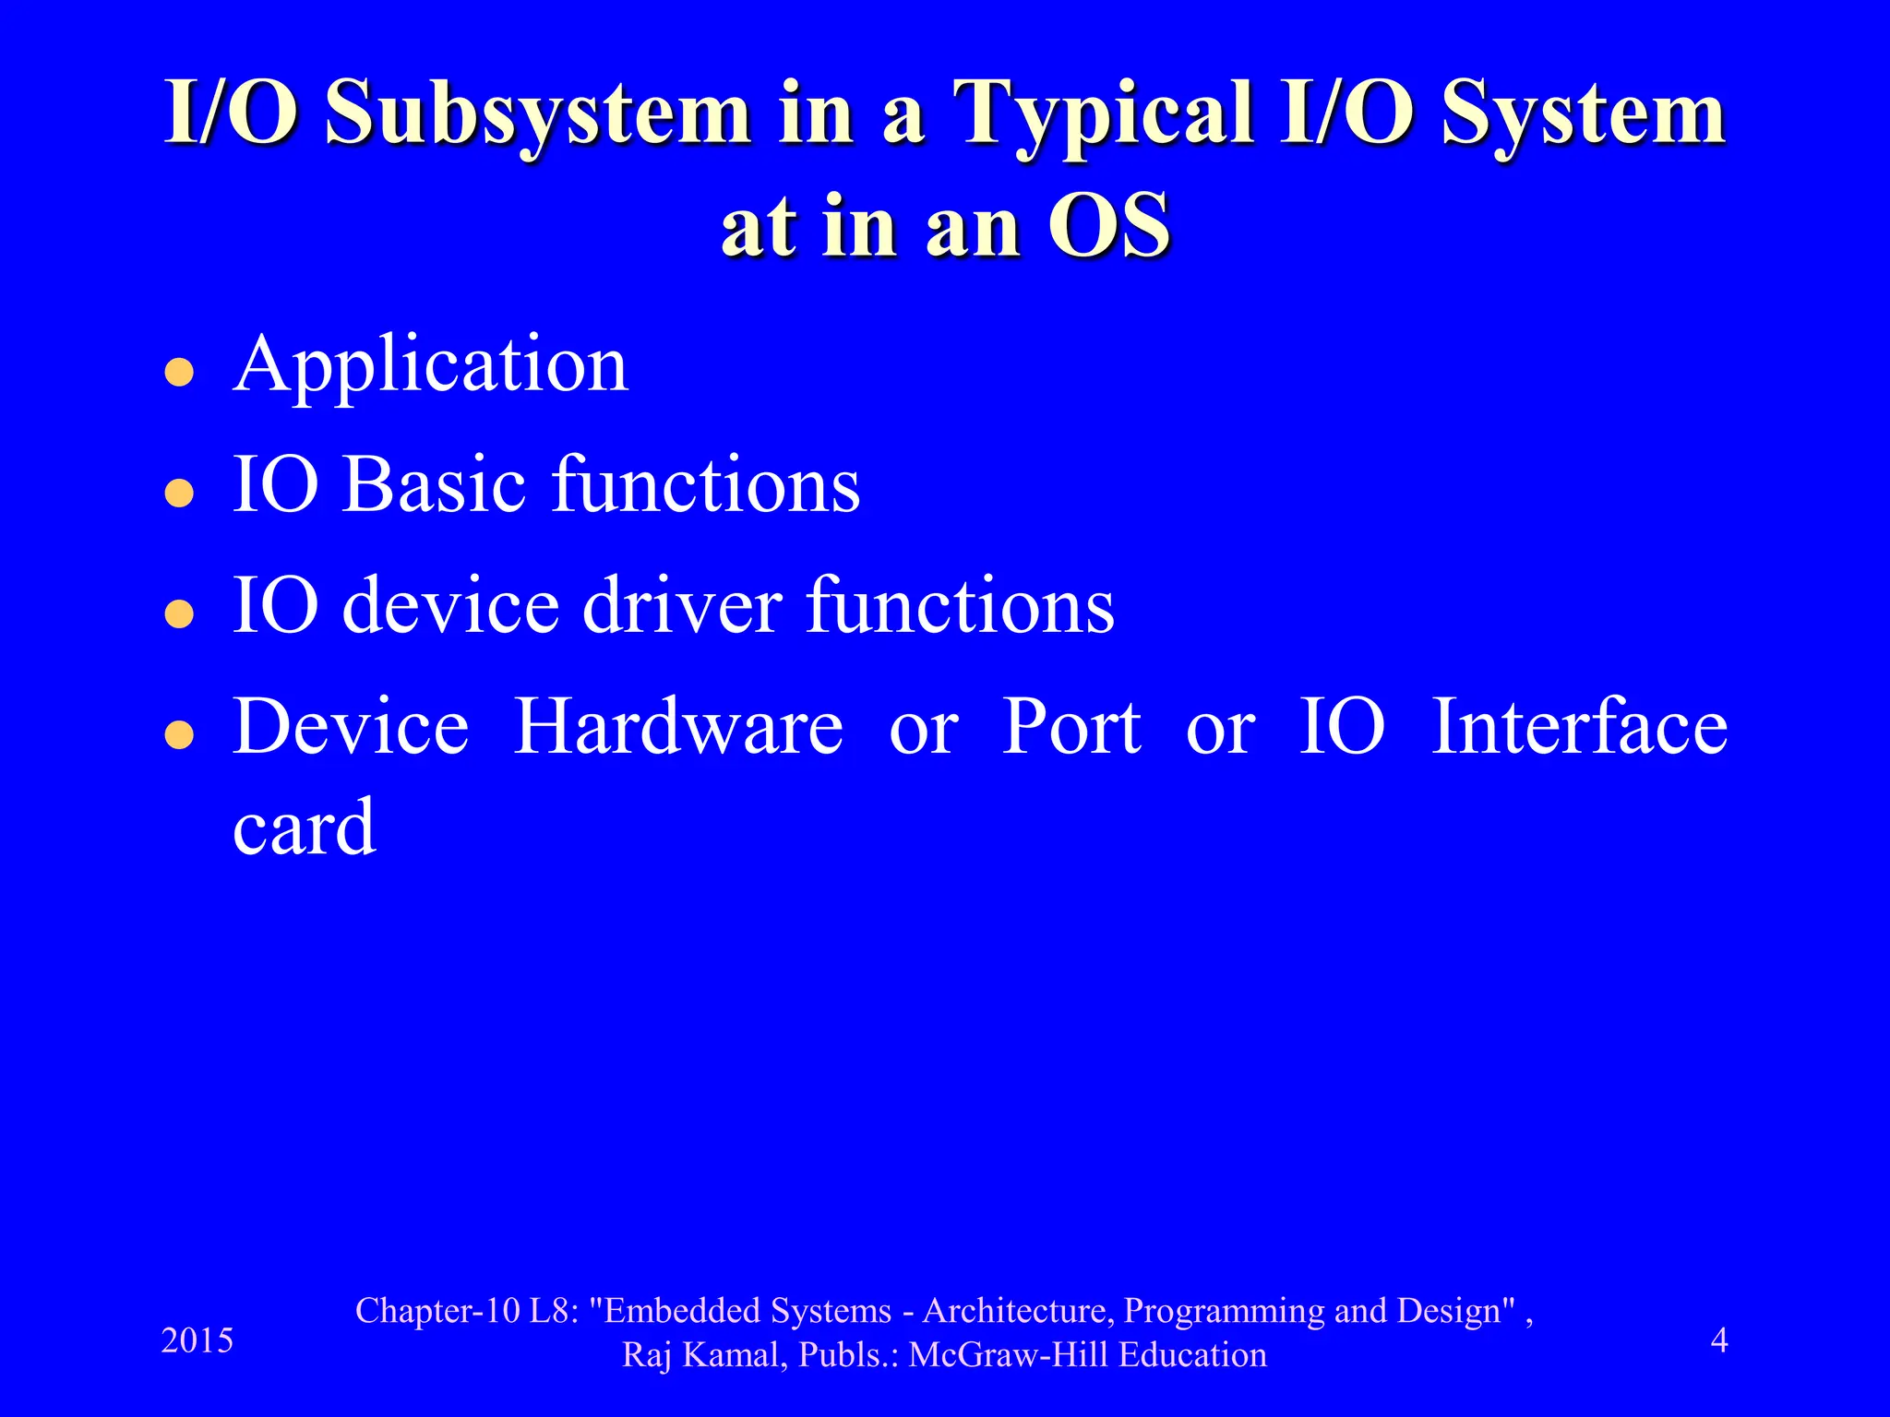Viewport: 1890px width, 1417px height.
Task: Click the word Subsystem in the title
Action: pos(538,115)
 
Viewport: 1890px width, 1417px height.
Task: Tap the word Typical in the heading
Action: pos(1104,115)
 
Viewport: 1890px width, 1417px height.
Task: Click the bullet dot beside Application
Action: pos(178,373)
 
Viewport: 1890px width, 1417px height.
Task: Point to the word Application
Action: pos(430,366)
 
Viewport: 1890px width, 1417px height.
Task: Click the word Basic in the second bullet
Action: pos(447,485)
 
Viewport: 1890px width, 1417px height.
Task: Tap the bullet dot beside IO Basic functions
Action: pos(178,494)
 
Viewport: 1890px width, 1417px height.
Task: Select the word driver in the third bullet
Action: pos(682,606)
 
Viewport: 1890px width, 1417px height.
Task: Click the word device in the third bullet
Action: pos(450,606)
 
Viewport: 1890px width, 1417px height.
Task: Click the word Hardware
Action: pos(677,728)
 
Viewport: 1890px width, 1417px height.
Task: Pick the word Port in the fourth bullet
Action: pos(1071,728)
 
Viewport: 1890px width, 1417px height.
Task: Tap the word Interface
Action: pos(1579,728)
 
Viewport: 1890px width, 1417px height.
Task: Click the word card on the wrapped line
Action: pos(304,827)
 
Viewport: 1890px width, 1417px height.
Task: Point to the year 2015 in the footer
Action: pos(197,1340)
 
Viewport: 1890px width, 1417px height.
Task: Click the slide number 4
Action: pos(1718,1340)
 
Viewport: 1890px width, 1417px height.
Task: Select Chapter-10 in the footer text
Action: pos(438,1311)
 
